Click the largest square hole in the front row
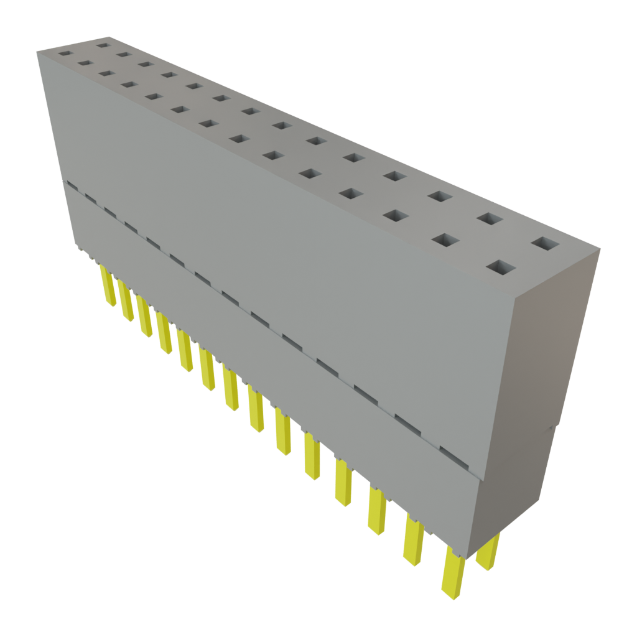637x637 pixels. pyautogui.click(x=501, y=267)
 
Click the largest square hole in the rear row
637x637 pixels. pyautogui.click(x=546, y=243)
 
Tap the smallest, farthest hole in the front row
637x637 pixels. pyautogui.click(x=64, y=54)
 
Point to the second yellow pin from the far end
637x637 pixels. pyautogui.click(x=127, y=302)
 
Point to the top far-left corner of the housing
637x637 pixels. pyautogui.click(x=37, y=53)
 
